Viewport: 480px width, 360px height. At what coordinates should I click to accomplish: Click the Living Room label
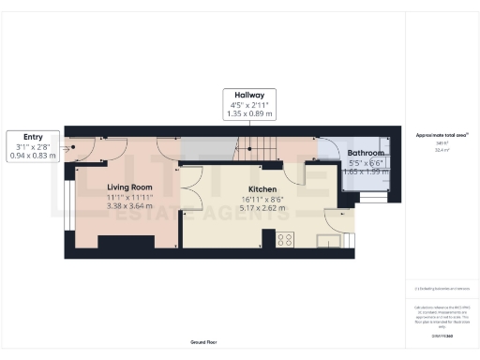pyautogui.click(x=129, y=187)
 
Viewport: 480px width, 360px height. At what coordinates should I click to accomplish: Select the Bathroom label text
pyautogui.click(x=366, y=152)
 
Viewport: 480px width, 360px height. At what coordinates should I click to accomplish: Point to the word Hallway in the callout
pyautogui.click(x=250, y=96)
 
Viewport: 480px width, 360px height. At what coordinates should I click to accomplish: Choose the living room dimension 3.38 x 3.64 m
pyautogui.click(x=129, y=207)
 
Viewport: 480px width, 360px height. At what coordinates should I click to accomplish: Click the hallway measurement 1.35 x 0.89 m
pyautogui.click(x=250, y=114)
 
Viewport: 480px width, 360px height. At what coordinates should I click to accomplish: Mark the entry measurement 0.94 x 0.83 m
pyautogui.click(x=34, y=156)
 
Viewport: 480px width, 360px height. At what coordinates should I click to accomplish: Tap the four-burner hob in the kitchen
pyautogui.click(x=285, y=238)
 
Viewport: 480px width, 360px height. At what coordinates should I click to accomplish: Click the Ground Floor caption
pyautogui.click(x=203, y=343)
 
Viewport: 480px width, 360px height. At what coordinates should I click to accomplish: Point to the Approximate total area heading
pyautogui.click(x=442, y=136)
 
